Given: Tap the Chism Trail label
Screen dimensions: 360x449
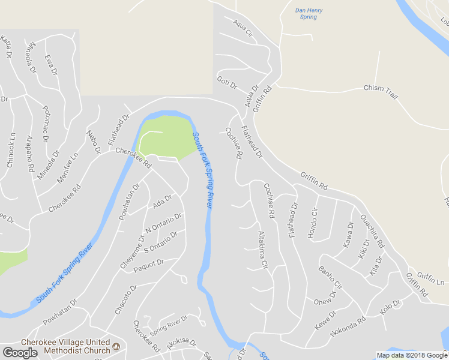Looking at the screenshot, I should coord(381,88).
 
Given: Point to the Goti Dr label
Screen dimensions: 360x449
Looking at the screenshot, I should coord(228,83).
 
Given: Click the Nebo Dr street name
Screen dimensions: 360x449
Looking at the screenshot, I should coord(94,142).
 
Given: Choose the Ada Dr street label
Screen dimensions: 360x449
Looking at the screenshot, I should coord(162,202).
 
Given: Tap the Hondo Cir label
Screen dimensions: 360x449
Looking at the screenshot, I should coord(313,224).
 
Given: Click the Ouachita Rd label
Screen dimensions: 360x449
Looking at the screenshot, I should coord(371,231).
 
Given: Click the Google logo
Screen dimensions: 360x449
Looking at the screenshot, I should coord(20,353).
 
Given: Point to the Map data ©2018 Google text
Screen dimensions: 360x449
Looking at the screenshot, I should coord(411,355).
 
